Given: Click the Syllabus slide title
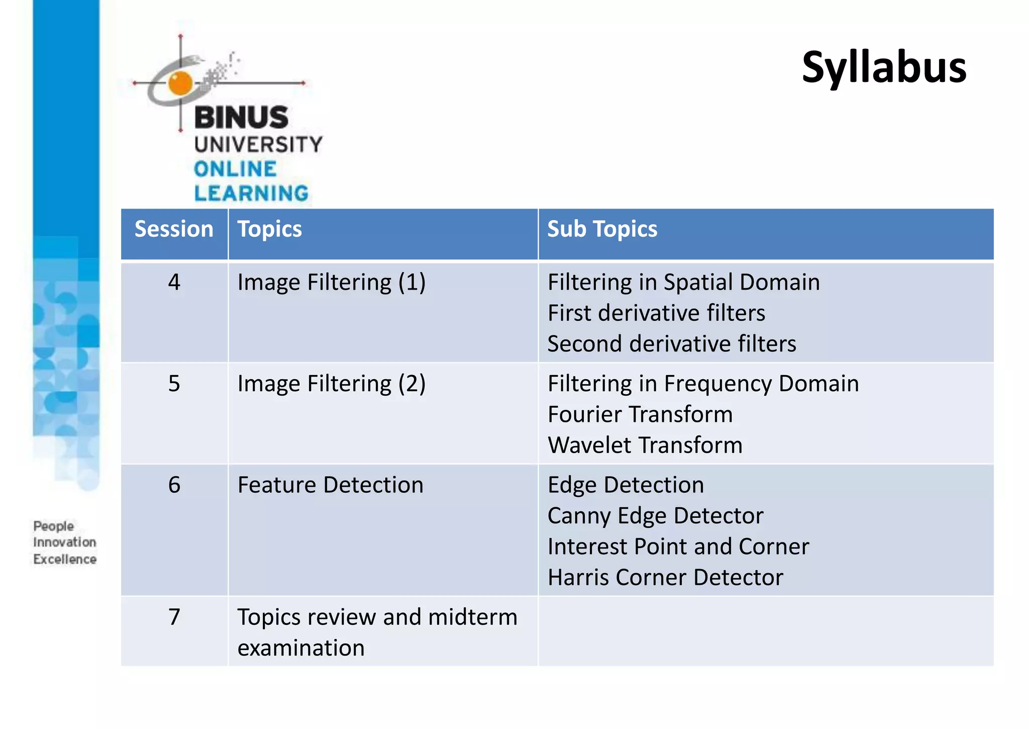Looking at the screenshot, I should click(x=884, y=68).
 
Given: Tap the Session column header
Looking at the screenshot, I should click(x=174, y=229).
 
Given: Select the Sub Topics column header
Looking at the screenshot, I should click(x=602, y=229).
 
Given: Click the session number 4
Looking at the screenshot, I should click(x=174, y=282).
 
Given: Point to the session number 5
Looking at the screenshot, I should click(x=174, y=384).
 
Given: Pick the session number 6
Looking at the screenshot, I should click(x=174, y=485).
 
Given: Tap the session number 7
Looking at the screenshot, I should click(x=174, y=617).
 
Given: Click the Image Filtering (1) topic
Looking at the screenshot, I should click(x=331, y=283).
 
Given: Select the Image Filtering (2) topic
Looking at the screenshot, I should click(x=331, y=384).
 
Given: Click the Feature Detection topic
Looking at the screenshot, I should click(x=330, y=485).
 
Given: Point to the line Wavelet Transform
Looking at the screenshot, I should click(x=645, y=445).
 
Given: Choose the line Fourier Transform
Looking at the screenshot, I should click(x=640, y=415).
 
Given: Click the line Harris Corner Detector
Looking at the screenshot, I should click(x=665, y=578).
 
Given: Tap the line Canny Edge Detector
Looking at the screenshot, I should click(x=655, y=516).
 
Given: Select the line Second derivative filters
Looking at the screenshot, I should click(x=672, y=344).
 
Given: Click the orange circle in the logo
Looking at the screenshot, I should click(x=180, y=83).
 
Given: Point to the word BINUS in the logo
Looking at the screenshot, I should click(x=241, y=118).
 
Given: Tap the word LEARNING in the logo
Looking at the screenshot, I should click(x=251, y=194).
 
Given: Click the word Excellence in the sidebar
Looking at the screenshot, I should click(x=65, y=559).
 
